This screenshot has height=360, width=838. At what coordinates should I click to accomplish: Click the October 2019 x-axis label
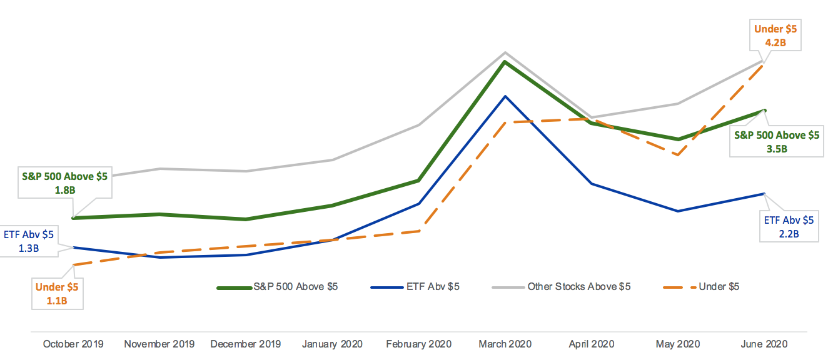click(x=73, y=344)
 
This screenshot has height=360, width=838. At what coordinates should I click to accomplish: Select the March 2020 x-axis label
click(x=505, y=344)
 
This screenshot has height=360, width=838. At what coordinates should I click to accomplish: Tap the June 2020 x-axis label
click(x=764, y=344)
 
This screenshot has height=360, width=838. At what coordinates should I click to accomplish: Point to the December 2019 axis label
click(x=246, y=344)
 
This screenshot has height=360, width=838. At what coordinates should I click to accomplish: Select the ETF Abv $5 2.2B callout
click(x=789, y=227)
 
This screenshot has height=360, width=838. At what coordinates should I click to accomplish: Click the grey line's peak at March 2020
click(x=505, y=52)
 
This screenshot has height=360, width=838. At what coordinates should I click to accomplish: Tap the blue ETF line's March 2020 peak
click(x=505, y=96)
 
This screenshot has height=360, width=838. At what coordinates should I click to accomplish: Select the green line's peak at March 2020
click(x=505, y=61)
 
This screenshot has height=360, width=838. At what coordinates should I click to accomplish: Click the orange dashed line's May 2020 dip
click(x=677, y=155)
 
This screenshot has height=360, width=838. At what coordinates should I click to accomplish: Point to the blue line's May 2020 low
click(x=677, y=211)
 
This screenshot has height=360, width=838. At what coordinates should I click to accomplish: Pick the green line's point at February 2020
click(x=418, y=181)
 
